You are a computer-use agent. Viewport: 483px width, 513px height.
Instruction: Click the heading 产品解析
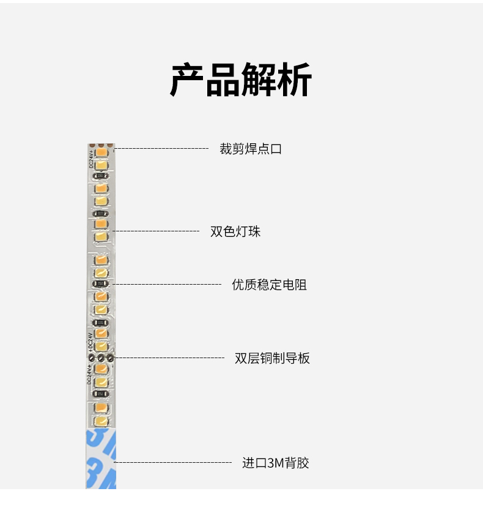241,80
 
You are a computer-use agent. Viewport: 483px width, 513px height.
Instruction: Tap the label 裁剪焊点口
251,149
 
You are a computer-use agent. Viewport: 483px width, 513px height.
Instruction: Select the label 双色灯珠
235,231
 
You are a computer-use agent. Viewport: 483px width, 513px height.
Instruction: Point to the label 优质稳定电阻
269,285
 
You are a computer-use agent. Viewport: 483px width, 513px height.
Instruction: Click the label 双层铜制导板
272,358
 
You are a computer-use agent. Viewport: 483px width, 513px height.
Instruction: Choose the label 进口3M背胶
276,463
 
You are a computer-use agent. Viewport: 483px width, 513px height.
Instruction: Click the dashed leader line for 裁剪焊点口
161,149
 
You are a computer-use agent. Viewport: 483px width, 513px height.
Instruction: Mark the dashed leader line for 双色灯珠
157,231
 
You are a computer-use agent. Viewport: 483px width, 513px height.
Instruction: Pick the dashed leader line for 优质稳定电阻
168,285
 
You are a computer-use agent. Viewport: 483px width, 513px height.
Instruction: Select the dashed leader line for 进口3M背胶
174,463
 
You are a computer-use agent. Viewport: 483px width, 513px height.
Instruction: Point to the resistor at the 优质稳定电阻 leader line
101,284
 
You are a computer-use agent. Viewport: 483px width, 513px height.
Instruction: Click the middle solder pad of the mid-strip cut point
101,358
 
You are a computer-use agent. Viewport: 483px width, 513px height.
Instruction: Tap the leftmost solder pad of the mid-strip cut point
92,358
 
